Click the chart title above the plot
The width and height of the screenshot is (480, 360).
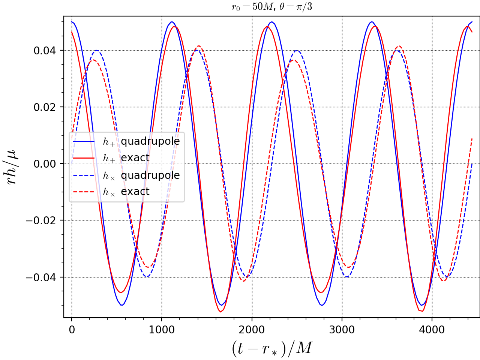tap(272, 7)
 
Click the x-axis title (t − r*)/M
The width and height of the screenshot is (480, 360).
tap(272, 348)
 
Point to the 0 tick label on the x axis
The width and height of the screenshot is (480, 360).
tap(72, 330)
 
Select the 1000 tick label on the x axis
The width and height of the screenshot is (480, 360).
tap(162, 330)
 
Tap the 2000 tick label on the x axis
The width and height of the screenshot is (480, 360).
tap(252, 330)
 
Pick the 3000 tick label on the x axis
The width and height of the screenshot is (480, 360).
tap(342, 330)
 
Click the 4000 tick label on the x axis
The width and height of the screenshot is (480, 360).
tap(432, 330)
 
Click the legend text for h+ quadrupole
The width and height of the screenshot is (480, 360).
tap(141, 141)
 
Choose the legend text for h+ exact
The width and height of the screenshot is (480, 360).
tap(126, 158)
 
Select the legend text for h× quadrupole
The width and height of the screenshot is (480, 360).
tap(141, 175)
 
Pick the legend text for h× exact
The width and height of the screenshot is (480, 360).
tap(126, 192)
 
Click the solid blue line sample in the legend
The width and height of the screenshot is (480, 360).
tap(83, 142)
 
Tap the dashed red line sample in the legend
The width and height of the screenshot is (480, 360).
tap(83, 192)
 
